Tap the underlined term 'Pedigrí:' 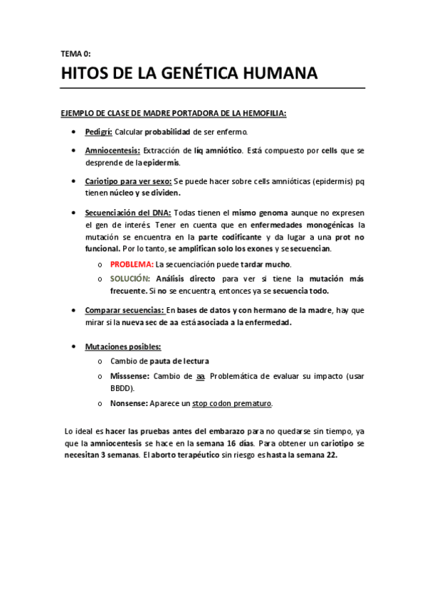(x=98, y=132)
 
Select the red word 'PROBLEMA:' (x=132, y=263)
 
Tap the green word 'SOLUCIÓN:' (x=130, y=278)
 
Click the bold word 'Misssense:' (x=130, y=375)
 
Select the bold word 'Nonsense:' (x=129, y=403)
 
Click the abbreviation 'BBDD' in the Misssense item (x=122, y=388)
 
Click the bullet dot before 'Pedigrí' (x=75, y=133)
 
